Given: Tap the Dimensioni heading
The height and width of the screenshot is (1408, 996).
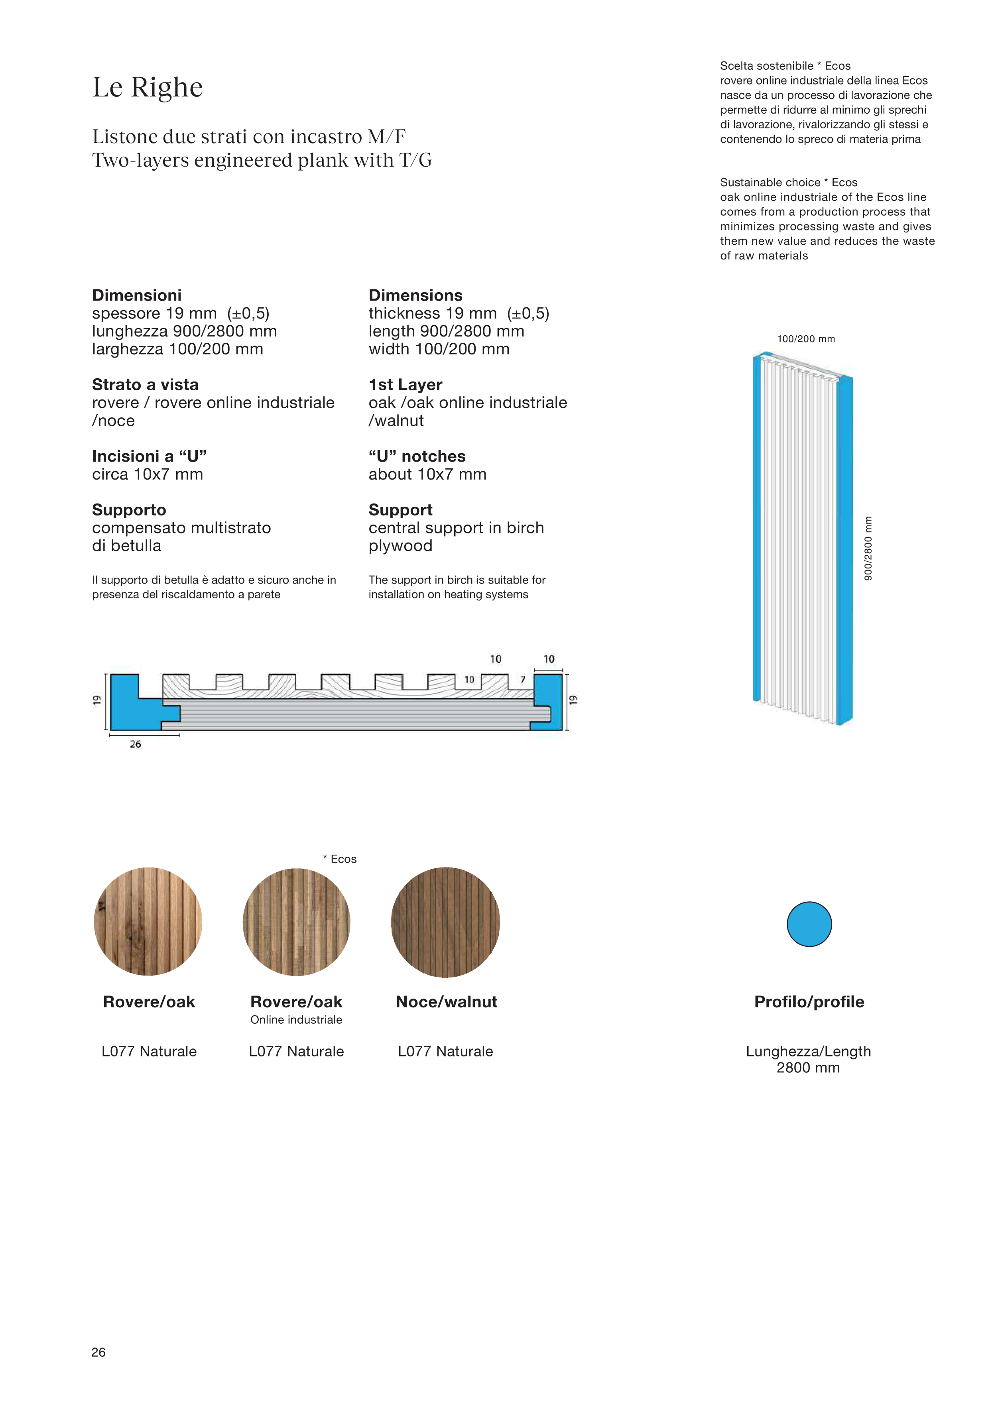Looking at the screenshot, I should tap(137, 295).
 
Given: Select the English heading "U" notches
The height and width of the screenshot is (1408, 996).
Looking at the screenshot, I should tap(417, 456).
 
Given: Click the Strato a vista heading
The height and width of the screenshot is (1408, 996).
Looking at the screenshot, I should tap(146, 385).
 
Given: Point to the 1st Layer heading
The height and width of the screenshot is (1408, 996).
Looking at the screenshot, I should tap(405, 385).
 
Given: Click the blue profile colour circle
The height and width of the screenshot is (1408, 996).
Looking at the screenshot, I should tap(809, 924).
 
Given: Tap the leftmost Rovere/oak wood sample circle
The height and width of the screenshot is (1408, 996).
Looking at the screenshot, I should tap(148, 922).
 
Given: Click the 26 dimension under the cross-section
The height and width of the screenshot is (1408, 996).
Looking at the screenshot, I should tap(136, 745).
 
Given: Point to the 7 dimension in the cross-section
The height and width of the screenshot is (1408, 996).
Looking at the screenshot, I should tap(523, 679).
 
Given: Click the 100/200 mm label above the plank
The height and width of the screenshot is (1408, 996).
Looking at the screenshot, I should tap(806, 339).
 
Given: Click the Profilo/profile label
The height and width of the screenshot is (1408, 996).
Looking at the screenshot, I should tap(809, 1002).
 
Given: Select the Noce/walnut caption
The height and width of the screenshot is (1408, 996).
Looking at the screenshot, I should tap(447, 1002).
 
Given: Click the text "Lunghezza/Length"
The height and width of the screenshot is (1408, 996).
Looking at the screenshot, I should tap(808, 1051).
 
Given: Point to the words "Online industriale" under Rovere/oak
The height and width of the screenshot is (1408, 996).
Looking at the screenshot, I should tap(296, 1020).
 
